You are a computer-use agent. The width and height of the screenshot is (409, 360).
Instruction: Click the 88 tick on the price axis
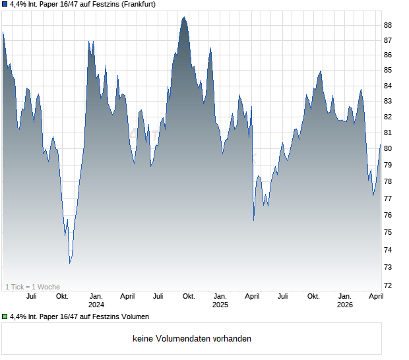(x=388, y=25)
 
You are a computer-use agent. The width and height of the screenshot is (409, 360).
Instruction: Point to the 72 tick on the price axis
(x=388, y=285)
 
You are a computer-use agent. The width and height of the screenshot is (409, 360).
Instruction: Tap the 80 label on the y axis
(x=388, y=149)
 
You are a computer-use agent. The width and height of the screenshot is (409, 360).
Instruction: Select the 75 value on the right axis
(x=388, y=232)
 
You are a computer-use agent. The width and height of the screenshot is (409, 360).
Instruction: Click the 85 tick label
(x=388, y=71)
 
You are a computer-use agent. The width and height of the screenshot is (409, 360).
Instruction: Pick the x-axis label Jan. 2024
(x=96, y=301)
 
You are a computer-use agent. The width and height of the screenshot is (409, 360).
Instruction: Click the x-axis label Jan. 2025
(x=220, y=301)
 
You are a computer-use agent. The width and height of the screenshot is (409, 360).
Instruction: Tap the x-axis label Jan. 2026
(x=344, y=301)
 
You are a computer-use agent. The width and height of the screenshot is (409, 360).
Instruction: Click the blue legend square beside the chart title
(x=5, y=5)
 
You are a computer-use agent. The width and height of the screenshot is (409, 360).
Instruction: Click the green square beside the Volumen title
(x=5, y=316)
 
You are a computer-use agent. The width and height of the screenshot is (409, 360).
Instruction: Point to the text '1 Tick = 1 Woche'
(x=32, y=287)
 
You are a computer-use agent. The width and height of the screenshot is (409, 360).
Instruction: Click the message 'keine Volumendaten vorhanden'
(x=192, y=339)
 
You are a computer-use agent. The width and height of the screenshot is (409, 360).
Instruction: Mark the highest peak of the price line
(x=184, y=17)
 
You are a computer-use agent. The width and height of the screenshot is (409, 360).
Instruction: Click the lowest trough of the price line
(x=70, y=263)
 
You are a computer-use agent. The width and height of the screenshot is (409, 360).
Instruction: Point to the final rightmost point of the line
(x=381, y=144)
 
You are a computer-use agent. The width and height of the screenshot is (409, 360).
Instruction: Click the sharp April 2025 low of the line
(x=254, y=220)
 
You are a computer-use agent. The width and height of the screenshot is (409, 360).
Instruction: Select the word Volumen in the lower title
(x=135, y=316)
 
